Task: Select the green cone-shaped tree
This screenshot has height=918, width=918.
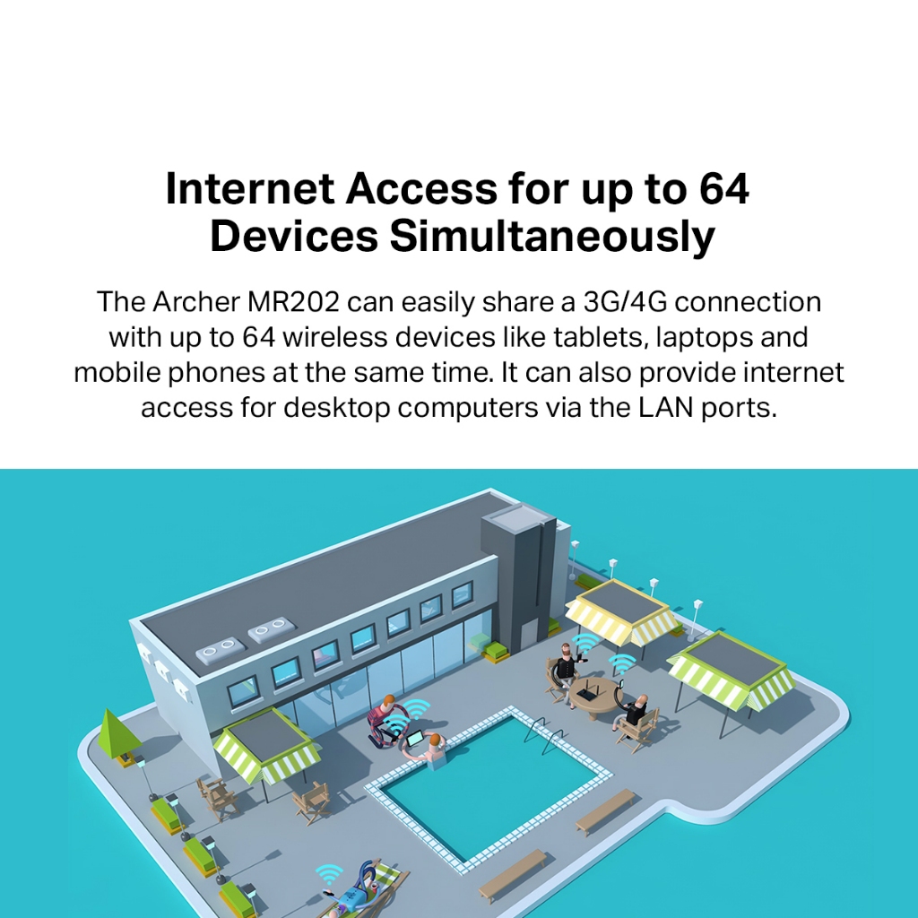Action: pos(117,732)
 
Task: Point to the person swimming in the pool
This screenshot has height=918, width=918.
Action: pos(436,751)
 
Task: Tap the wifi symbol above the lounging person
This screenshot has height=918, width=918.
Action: pos(330,872)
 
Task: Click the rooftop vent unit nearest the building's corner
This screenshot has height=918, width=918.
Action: pos(221,650)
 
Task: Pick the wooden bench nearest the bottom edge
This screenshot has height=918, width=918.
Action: pos(513,874)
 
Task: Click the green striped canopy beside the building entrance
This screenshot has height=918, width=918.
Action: pos(266,746)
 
